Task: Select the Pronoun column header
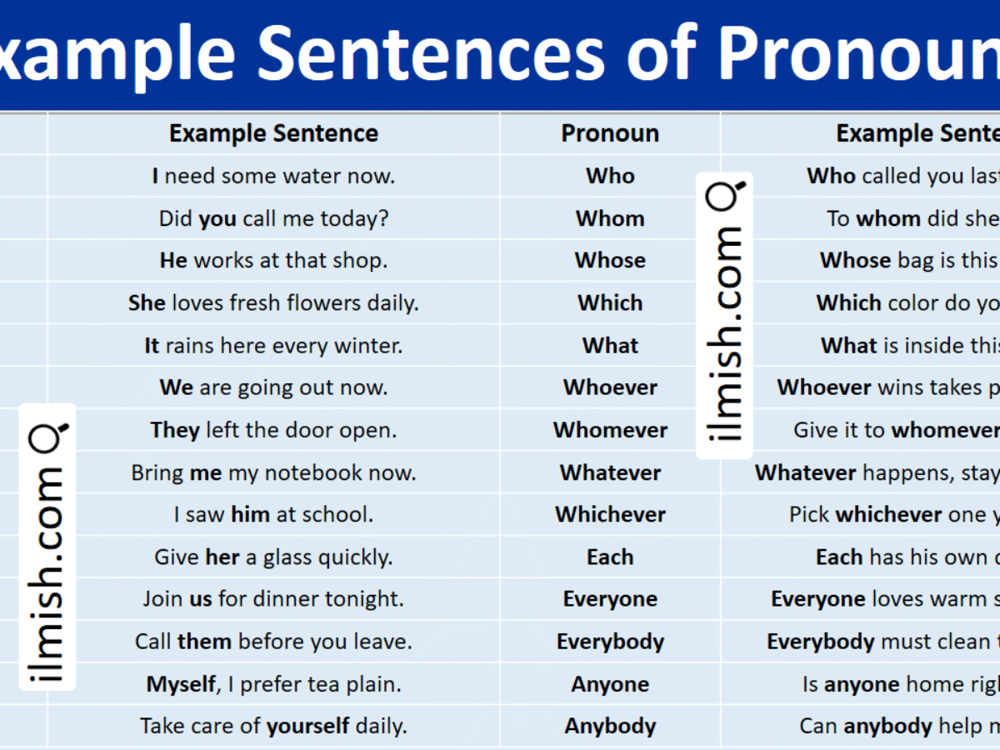coord(610,133)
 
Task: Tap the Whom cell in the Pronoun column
coord(610,218)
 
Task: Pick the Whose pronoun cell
coord(610,261)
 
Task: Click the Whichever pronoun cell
coord(610,515)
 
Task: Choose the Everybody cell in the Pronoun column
coord(610,642)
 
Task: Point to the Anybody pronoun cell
coord(610,727)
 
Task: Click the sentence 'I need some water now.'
coord(273,176)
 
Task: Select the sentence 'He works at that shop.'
coord(273,261)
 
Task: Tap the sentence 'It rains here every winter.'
coord(273,346)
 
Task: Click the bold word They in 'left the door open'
coord(175,431)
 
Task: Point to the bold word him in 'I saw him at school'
coord(250,515)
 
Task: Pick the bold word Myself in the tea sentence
coord(180,685)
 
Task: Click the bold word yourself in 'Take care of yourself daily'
coord(307,727)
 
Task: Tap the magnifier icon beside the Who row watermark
coord(723,197)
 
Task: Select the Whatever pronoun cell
coord(610,473)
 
